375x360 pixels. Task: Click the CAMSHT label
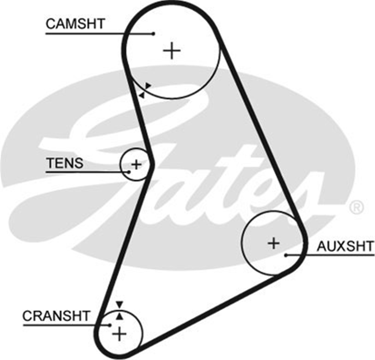75,24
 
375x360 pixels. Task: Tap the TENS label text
65,163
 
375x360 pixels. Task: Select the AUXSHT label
345,246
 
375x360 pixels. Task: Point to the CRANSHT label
56,316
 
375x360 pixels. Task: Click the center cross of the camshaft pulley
172,51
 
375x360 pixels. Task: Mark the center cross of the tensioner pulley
136,165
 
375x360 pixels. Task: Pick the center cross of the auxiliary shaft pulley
274,243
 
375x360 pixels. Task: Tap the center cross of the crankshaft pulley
119,334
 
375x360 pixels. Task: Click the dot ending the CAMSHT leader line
153,34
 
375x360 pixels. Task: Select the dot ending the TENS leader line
129,172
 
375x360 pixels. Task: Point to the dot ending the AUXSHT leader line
286,255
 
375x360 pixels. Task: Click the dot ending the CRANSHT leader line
109,325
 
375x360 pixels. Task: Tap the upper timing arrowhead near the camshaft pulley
148,86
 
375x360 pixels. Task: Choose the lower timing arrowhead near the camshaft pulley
142,95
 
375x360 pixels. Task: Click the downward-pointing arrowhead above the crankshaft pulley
119,305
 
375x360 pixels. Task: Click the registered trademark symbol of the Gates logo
357,207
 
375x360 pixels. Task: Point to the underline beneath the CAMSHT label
99,34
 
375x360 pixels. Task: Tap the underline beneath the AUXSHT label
330,255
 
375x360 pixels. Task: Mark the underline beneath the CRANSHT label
66,325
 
